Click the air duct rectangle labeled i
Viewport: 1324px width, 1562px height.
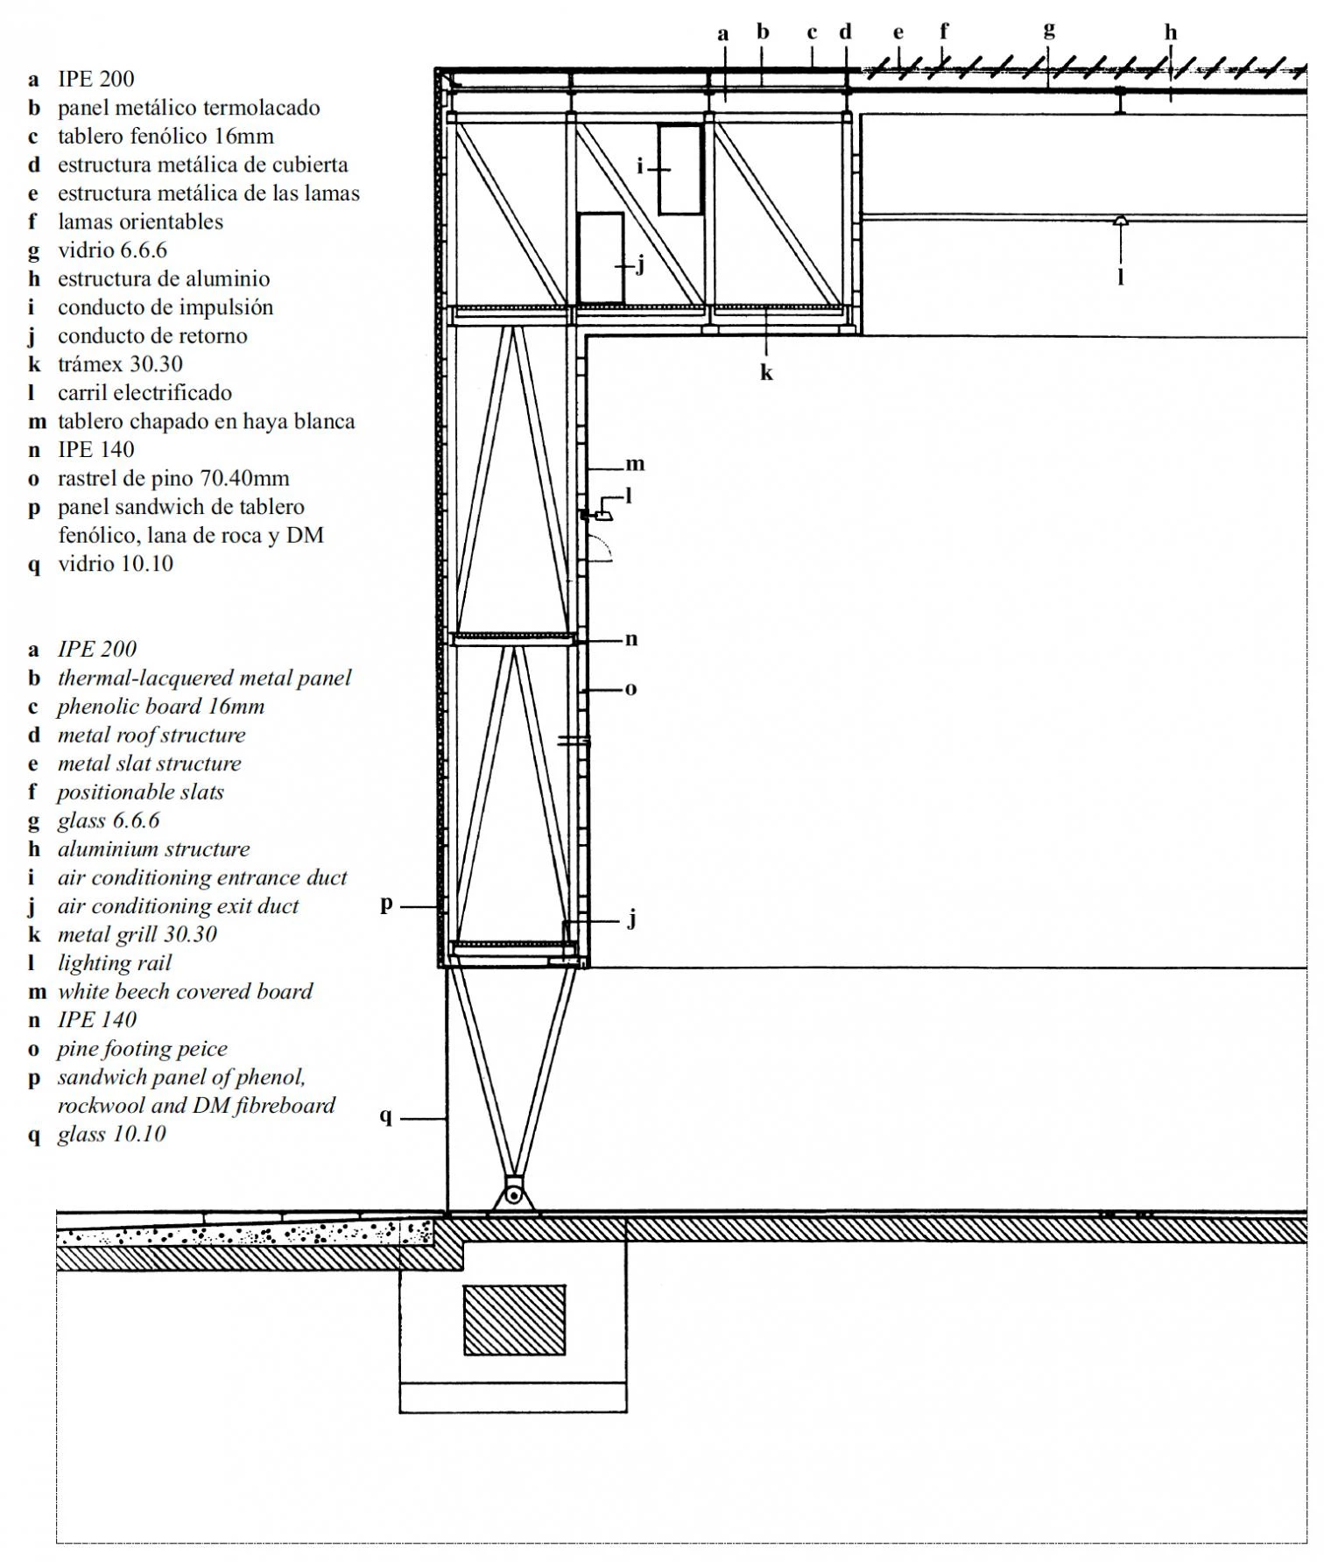(x=680, y=169)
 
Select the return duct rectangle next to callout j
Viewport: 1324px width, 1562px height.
(x=601, y=257)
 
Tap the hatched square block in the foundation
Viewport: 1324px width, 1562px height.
(x=514, y=1319)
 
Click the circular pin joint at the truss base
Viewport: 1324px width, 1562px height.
(x=514, y=1195)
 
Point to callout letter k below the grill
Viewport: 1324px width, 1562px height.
(x=766, y=373)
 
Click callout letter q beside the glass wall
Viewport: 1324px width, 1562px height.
(x=385, y=1116)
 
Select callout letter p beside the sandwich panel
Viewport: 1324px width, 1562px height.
(x=386, y=904)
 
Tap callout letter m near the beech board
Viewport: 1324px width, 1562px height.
(x=635, y=464)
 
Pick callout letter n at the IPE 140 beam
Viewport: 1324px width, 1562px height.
(x=630, y=639)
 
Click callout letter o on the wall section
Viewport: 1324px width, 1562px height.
(x=630, y=689)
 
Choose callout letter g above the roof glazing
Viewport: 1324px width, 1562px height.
(x=1049, y=32)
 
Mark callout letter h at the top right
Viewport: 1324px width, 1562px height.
(x=1171, y=33)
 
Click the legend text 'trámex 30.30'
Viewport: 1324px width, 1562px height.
(x=120, y=364)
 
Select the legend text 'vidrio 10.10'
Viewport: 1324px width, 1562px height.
(x=116, y=564)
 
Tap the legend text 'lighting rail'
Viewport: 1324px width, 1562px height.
(x=115, y=963)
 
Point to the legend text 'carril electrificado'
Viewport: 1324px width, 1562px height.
(x=144, y=393)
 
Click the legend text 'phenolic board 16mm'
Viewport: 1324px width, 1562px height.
(x=160, y=707)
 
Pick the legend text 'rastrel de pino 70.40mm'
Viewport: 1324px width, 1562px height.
(x=173, y=479)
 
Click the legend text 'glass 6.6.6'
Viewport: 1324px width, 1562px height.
(x=109, y=820)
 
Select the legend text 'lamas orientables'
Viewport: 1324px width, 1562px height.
(x=140, y=222)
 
